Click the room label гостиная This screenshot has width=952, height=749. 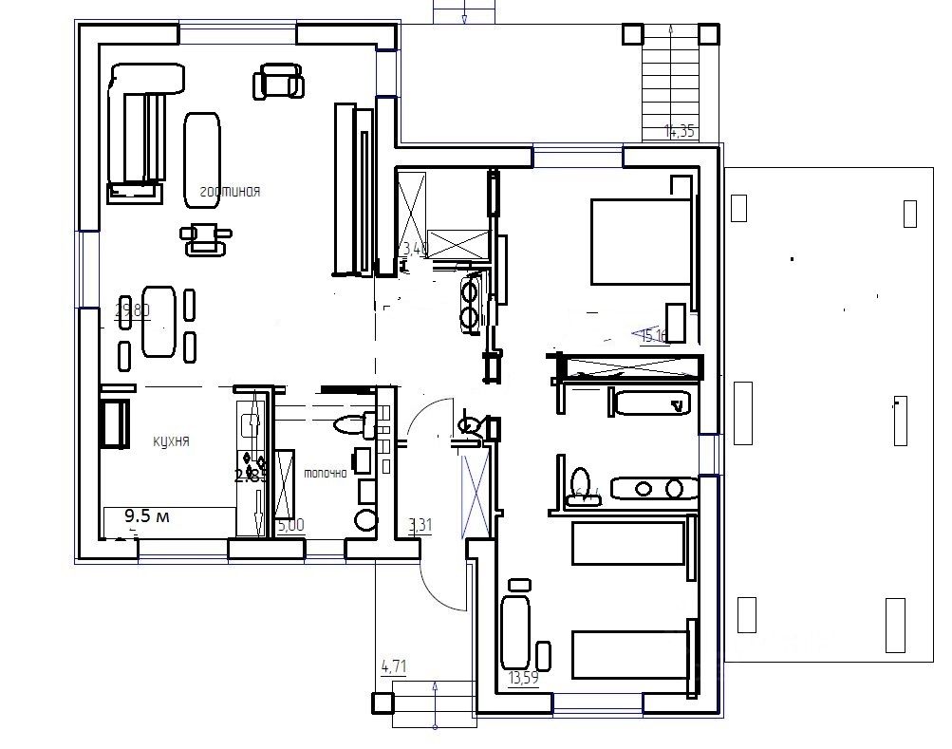click(230, 192)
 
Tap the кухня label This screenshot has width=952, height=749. click(172, 441)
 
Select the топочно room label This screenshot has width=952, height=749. click(324, 473)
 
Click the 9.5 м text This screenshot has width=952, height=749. click(147, 516)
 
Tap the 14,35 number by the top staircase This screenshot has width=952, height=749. click(680, 132)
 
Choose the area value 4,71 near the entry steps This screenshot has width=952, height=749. click(394, 666)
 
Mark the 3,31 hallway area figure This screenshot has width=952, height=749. click(420, 524)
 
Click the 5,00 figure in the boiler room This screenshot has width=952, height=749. click(290, 524)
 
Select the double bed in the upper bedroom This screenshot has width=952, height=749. click(639, 241)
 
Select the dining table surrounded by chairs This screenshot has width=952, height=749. click(159, 321)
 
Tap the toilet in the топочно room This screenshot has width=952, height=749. click(347, 423)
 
